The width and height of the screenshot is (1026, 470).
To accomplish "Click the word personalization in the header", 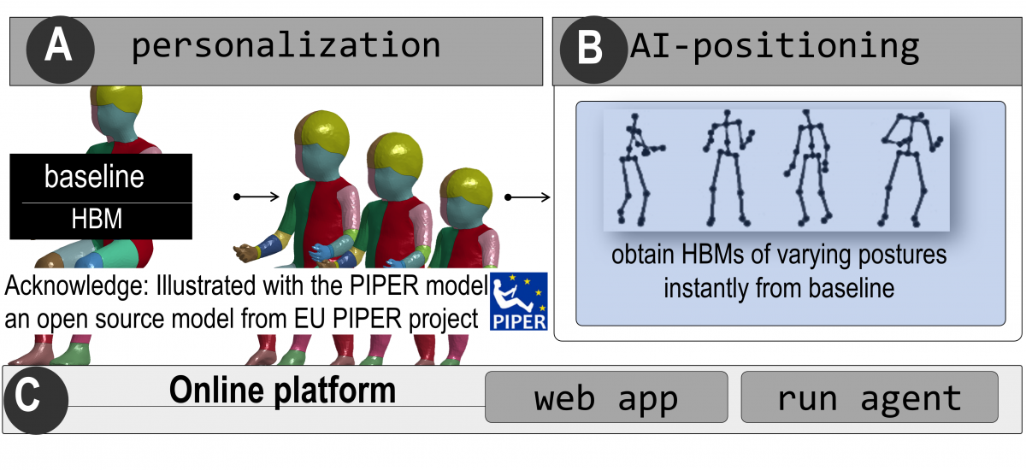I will (286, 44).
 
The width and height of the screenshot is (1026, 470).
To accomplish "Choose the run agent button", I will (869, 397).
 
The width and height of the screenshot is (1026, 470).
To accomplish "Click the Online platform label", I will (282, 391).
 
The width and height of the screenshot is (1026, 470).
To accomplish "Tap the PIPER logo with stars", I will (518, 302).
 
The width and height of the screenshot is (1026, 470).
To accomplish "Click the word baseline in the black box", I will (94, 178).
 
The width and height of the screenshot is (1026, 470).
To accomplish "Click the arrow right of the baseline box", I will (256, 197).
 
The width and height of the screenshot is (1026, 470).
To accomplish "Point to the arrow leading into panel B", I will (528, 197).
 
